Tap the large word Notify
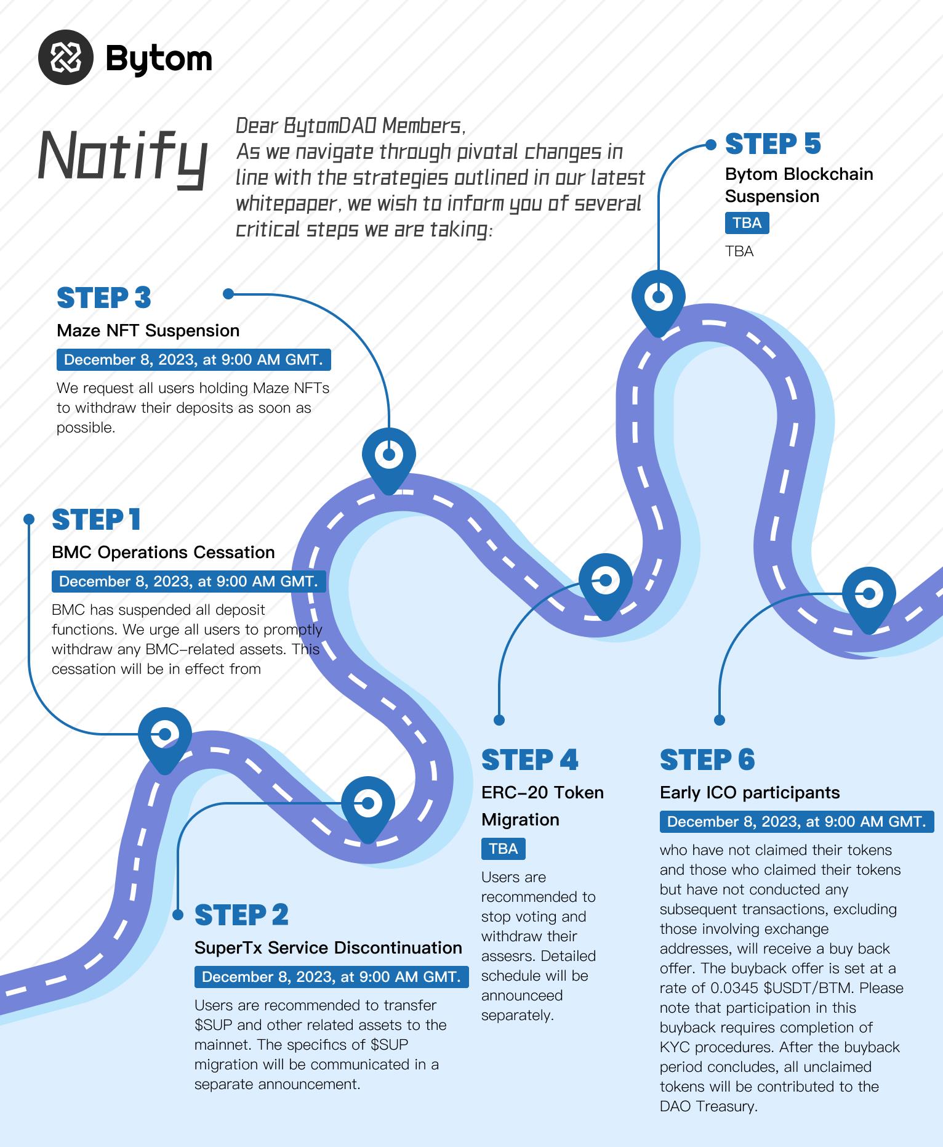click(x=122, y=156)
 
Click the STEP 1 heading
click(x=96, y=520)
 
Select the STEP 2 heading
click(x=241, y=915)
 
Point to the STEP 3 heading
click(x=103, y=298)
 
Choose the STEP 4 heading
click(x=529, y=760)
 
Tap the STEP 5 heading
click(x=772, y=144)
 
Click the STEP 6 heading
click(x=707, y=760)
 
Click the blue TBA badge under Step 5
click(x=747, y=223)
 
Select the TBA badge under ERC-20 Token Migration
click(x=503, y=849)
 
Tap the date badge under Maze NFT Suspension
click(x=193, y=360)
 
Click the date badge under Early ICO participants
click(x=797, y=822)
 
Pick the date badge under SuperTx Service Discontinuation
click(x=331, y=977)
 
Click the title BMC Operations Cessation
click(x=163, y=552)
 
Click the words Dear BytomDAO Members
click(x=350, y=126)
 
